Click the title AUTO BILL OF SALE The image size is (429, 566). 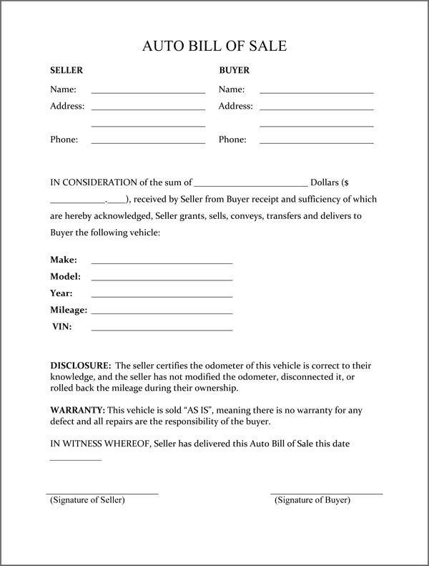click(214, 47)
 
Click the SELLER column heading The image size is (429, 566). click(66, 71)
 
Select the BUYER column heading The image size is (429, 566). click(234, 71)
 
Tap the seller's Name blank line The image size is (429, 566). click(148, 92)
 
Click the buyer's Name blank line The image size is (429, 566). click(316, 92)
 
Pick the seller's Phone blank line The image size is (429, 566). click(148, 142)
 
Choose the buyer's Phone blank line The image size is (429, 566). click(316, 142)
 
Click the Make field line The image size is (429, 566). click(162, 263)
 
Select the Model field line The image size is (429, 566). click(162, 279)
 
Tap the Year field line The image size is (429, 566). click(162, 296)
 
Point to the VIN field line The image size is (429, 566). click(162, 330)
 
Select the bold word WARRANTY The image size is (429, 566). click(77, 410)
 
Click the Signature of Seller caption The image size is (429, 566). click(87, 500)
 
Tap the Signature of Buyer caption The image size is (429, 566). click(312, 500)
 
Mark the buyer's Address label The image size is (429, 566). click(235, 107)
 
